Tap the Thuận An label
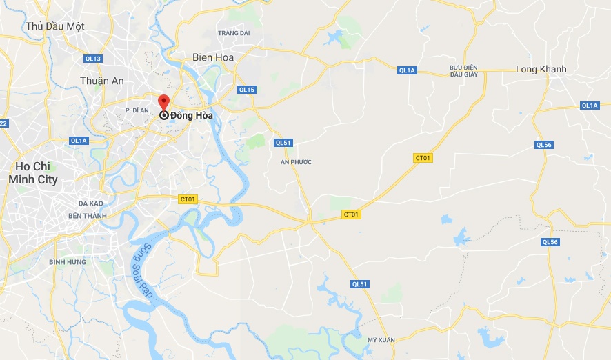coord(101,81)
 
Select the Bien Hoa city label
coord(213,57)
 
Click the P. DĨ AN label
coord(137,110)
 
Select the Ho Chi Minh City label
coord(33,173)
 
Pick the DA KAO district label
coord(90,204)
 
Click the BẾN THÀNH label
coord(88,216)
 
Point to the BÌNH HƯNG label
coord(68,262)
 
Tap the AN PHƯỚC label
coord(297,162)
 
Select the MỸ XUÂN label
coord(380,340)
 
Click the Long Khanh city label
coord(541,69)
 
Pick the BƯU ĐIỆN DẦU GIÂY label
coord(463,71)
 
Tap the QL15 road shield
coord(247,90)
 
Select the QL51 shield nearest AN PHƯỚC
coord(283,143)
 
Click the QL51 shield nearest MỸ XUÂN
coord(360,284)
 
